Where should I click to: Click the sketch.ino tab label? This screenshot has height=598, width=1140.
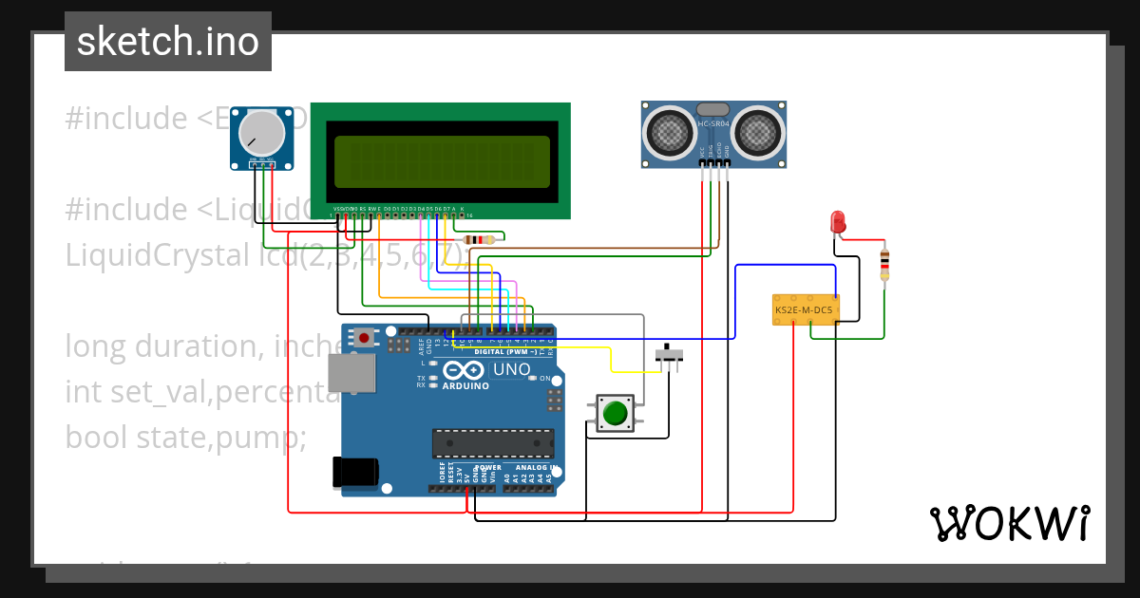[x=167, y=42]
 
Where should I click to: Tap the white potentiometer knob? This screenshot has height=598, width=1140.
[x=260, y=133]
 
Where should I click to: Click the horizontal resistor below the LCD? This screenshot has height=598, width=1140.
[x=484, y=240]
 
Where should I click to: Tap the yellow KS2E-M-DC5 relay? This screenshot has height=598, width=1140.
[x=805, y=309]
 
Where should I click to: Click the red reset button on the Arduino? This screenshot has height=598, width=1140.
[x=364, y=336]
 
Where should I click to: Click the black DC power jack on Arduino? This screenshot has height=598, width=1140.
[x=355, y=472]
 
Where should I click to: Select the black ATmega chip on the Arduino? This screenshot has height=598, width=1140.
[x=493, y=442]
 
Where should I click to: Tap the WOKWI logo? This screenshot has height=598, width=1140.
[x=1009, y=523]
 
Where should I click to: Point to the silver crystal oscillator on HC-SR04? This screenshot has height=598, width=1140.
[x=713, y=110]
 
